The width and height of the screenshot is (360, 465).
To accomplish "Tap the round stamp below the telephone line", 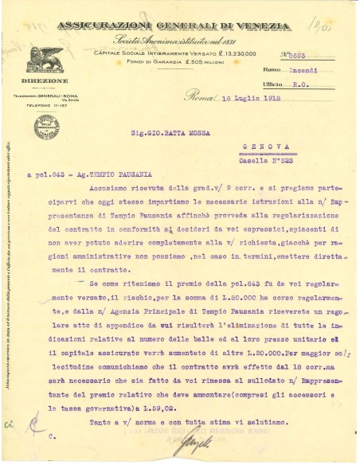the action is [45, 127].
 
